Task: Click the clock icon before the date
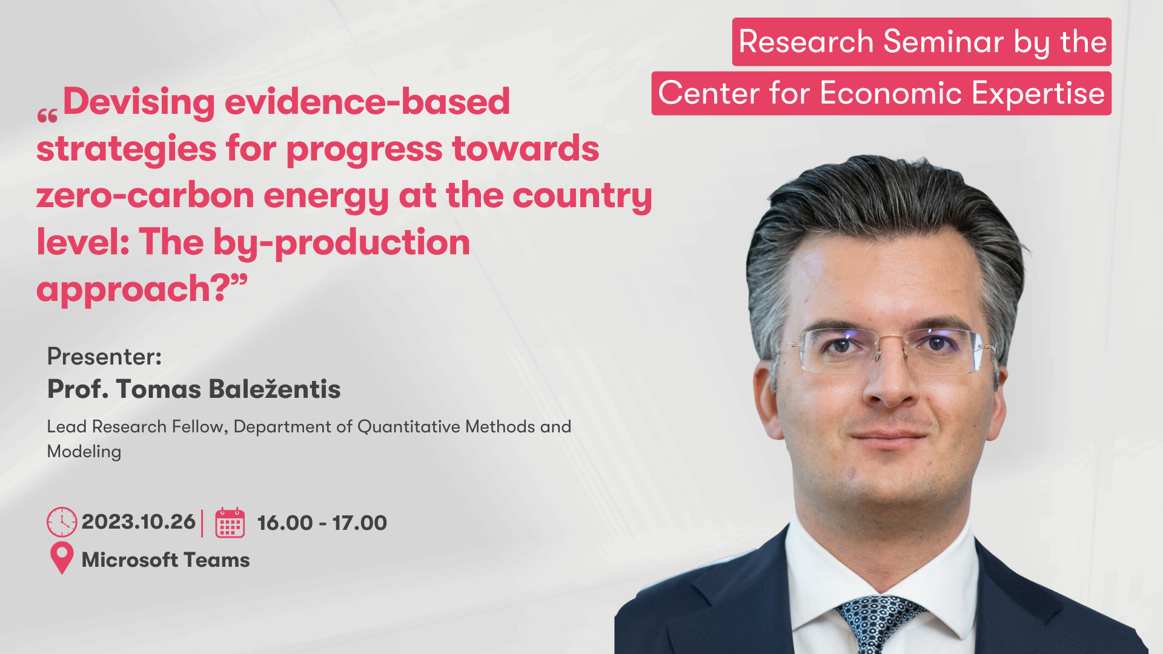click(x=62, y=522)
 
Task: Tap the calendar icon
click(x=230, y=523)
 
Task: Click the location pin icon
click(x=62, y=558)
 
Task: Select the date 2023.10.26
click(x=138, y=522)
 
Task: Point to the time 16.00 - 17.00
click(x=322, y=523)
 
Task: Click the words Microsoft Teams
click(x=166, y=560)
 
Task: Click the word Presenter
click(x=104, y=357)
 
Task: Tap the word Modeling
click(x=84, y=452)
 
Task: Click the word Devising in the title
click(x=139, y=102)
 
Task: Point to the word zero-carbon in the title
click(x=145, y=196)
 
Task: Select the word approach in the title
click(x=123, y=289)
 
